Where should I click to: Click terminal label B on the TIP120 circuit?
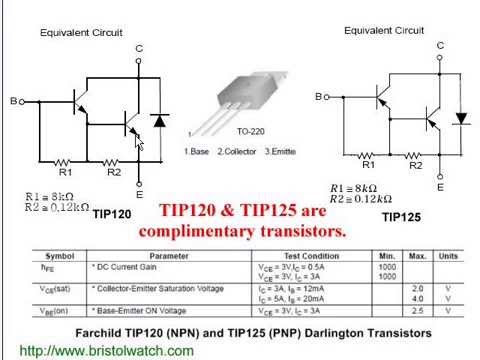click(13, 101)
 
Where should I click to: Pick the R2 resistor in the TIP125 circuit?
click(415, 154)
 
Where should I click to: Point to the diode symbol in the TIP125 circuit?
click(461, 118)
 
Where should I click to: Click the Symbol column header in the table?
click(49, 255)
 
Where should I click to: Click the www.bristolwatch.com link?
click(107, 351)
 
